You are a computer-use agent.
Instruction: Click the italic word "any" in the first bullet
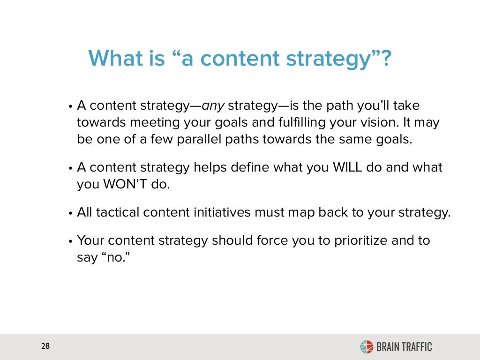pos(212,106)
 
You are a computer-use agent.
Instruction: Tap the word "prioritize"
pos(358,240)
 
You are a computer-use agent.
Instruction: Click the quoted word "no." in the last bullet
pos(114,257)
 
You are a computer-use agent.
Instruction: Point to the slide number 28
pos(45,347)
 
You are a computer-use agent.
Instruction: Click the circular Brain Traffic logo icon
pos(366,347)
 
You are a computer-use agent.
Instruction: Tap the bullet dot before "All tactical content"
pos(70,213)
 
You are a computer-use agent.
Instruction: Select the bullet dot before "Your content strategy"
pos(70,241)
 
